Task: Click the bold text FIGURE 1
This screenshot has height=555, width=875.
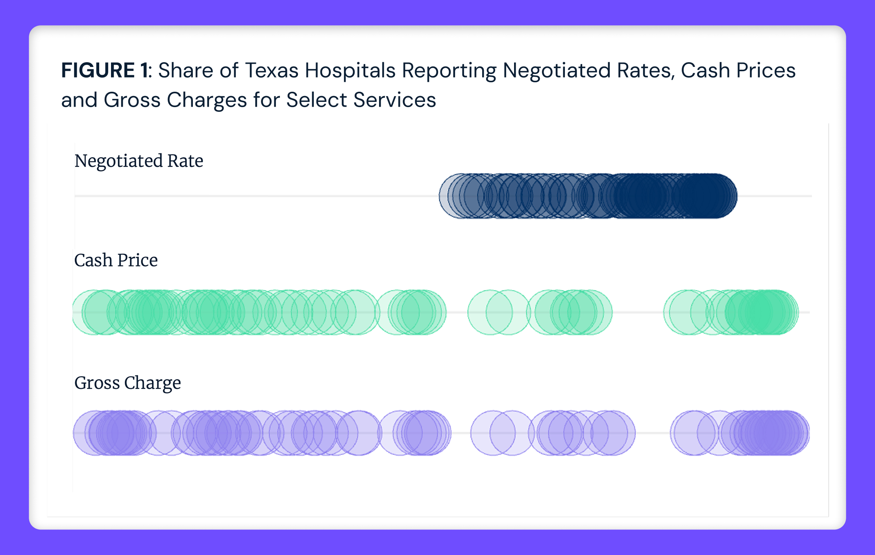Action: coord(104,71)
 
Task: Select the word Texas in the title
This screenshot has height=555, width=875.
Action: coord(272,71)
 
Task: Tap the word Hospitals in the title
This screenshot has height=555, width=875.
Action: coord(350,71)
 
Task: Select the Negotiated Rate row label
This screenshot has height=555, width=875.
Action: coord(139,161)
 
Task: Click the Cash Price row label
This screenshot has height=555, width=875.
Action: coord(116,260)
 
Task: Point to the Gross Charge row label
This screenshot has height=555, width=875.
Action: coord(128,383)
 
